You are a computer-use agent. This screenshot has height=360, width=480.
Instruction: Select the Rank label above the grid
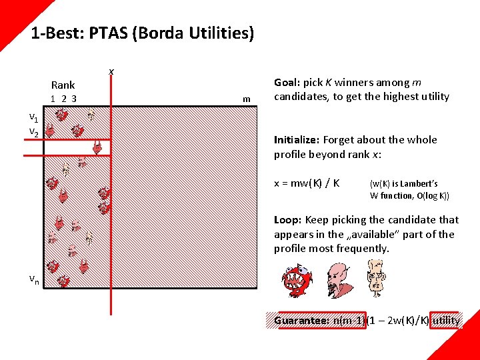click(63, 85)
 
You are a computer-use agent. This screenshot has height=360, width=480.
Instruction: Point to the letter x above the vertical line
click(111, 71)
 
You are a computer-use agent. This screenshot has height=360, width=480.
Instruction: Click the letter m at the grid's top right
click(247, 99)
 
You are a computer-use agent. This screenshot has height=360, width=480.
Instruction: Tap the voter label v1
click(33, 117)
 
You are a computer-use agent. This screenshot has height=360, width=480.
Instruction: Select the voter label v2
click(33, 132)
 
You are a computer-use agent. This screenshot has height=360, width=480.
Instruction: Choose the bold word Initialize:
click(297, 140)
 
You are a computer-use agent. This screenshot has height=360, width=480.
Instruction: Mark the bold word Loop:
click(287, 219)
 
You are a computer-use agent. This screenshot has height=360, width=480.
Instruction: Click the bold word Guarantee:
click(301, 320)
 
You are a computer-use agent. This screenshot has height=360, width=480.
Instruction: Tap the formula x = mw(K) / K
click(307, 183)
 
